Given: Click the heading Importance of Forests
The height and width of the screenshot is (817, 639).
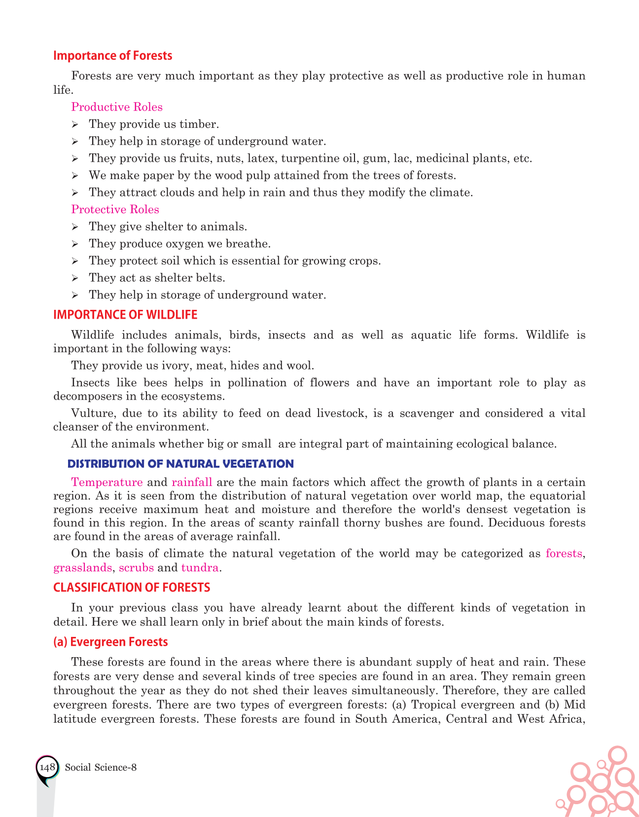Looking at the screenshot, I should pos(112,56).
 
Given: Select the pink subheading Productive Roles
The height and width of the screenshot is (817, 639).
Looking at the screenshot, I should pos(117,107).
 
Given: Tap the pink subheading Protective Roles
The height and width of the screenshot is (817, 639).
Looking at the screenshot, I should pos(115,210).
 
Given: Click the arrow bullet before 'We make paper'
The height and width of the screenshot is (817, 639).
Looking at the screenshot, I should pos(75,176).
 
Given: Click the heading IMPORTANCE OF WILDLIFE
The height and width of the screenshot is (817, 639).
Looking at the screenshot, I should pos(125,315).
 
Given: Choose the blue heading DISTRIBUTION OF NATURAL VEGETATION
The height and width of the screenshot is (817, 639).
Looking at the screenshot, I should pos(180,464).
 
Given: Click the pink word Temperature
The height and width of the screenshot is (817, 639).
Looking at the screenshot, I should pos(107,482).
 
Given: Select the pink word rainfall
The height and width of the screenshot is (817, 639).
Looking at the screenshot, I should pos(192,482).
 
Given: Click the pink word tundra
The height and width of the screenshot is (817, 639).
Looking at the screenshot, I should pos(200,567).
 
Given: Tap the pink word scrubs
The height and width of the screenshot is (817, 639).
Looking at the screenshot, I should pos(137,567).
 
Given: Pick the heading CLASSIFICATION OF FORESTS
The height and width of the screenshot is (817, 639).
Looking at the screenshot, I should pos(132,588).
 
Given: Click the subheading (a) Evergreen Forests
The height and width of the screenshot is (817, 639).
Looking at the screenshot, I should pos(110,642).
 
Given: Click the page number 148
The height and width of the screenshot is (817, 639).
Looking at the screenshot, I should pos(47,767).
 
